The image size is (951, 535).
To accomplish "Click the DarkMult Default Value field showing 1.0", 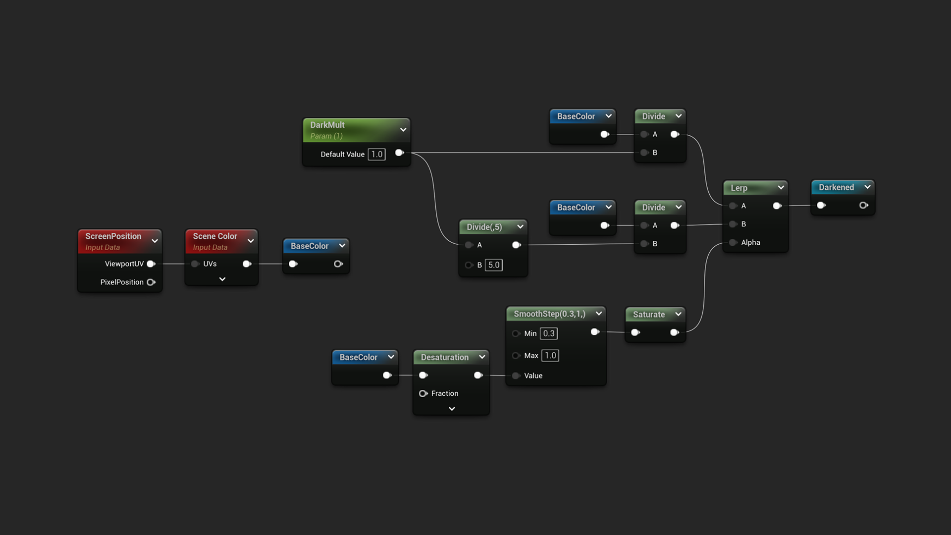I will [x=376, y=154].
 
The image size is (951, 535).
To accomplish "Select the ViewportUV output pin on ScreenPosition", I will [x=151, y=264].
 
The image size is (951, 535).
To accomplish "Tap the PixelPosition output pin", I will [x=151, y=282].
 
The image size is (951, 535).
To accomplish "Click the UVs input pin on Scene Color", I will [x=195, y=264].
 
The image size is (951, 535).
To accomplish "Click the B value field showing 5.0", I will [x=494, y=265].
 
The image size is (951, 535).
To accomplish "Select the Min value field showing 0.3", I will [x=548, y=333].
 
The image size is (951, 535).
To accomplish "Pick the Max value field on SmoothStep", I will [x=550, y=355].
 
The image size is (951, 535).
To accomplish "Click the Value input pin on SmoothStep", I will [x=516, y=375].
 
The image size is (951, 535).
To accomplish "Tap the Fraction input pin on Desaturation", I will [x=423, y=393].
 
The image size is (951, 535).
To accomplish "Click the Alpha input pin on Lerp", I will [x=733, y=242].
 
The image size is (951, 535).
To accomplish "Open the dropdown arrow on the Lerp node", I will [x=781, y=188].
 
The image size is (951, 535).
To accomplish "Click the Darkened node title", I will [x=836, y=187].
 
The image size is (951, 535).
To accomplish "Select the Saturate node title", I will [x=649, y=314].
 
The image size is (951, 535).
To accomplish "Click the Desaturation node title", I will [x=444, y=357].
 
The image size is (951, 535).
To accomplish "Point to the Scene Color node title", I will [x=215, y=236].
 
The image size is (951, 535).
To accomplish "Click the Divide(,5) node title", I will [x=484, y=227].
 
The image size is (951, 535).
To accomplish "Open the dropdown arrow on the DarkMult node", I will [x=403, y=130].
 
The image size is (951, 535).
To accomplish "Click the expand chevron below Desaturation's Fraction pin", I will [x=452, y=409].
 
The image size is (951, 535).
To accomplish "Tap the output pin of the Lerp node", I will [x=777, y=206].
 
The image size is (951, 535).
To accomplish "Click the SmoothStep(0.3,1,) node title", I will [x=549, y=314].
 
